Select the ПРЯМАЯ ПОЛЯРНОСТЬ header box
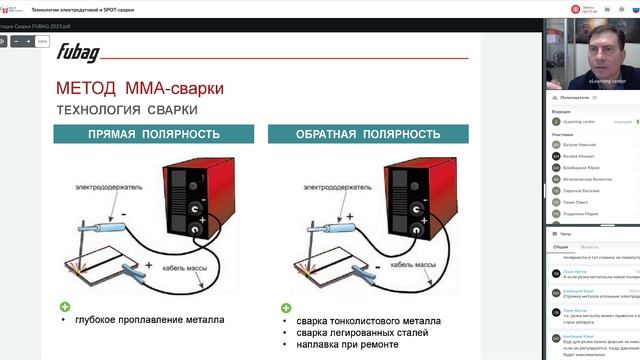click(151, 134)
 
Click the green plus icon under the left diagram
click(65, 307)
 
